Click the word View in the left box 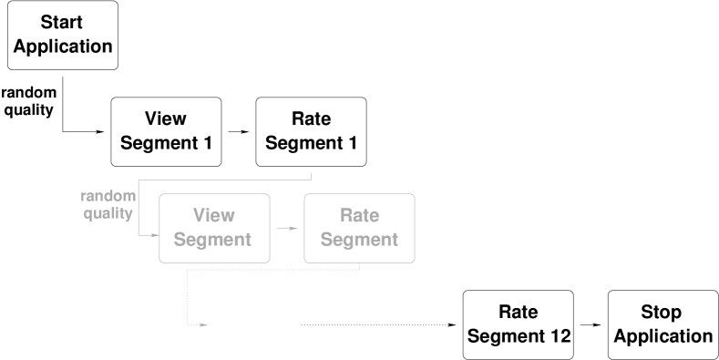point(214,216)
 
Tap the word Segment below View point(212,241)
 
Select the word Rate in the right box point(359,216)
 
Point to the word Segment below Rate point(359,241)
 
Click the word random point(108,197)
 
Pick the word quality point(108,214)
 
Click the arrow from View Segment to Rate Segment point(287,228)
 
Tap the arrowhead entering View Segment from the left point(155,235)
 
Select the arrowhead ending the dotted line point(205,324)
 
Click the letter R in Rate point(346,216)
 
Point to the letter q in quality point(88,215)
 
